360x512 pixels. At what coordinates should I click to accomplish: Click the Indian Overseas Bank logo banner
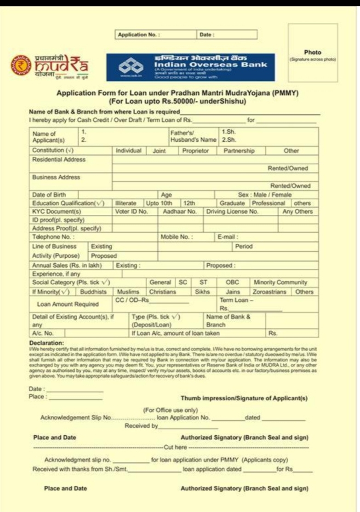point(190,67)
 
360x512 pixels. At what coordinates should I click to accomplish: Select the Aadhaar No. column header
point(180,212)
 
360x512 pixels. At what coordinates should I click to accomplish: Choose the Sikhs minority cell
point(202,292)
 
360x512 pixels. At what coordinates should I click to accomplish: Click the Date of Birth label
point(49,195)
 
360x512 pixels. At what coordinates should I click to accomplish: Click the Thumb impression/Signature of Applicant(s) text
point(244,398)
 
